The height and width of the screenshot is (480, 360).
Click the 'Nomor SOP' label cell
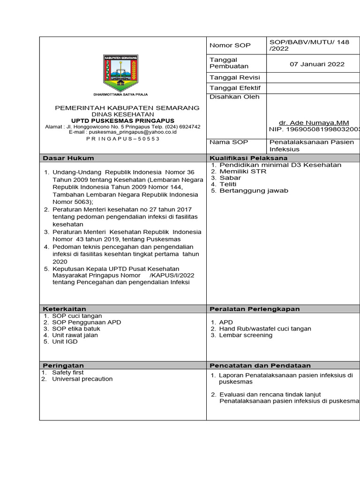point(230,45)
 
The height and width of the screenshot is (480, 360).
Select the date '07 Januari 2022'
point(317,64)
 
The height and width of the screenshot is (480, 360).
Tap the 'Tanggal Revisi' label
point(235,77)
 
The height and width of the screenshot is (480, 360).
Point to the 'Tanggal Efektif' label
point(235,88)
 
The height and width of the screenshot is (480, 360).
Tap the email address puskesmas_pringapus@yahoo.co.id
point(122,132)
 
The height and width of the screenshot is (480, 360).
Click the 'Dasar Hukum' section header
point(68,158)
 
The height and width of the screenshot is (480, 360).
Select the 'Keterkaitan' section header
point(65,309)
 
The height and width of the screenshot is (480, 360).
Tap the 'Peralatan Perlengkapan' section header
point(255,309)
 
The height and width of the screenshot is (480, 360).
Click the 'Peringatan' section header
point(63,366)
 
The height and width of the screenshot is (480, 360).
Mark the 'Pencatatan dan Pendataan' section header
point(260,366)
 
